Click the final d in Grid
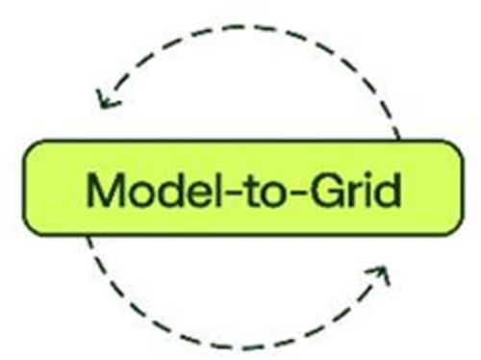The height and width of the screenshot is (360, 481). click(388, 190)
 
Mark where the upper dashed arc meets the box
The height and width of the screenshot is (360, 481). click(399, 140)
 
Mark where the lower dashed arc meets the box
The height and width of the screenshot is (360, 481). click(89, 237)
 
